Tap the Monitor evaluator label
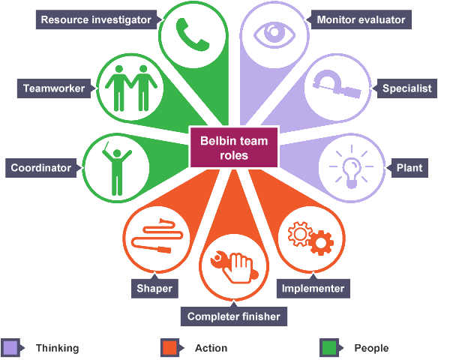point(361,19)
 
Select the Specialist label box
point(407,88)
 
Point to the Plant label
point(409,167)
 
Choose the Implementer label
point(313,288)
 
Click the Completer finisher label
point(234,316)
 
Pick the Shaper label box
point(154,288)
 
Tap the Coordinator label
point(41,167)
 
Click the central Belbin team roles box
point(234,146)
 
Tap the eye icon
point(273,32)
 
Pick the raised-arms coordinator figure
point(117,165)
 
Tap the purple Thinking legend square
point(10,348)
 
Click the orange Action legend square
point(169,348)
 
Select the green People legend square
point(328,348)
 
